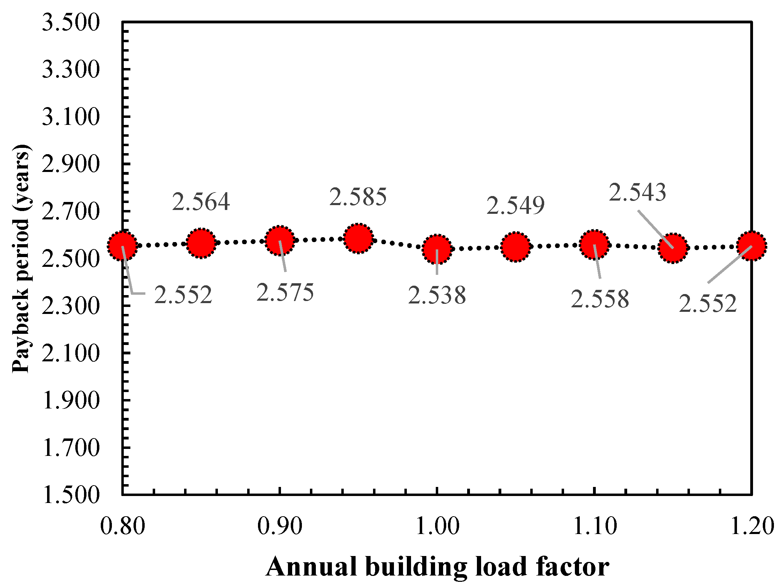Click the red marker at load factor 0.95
tap(358, 238)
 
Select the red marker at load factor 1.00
tap(437, 249)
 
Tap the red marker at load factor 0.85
tap(201, 243)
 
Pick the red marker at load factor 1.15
tap(673, 248)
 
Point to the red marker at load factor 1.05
tap(516, 247)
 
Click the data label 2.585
tap(358, 197)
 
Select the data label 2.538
tap(437, 296)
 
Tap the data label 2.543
tap(637, 193)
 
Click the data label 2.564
tap(201, 202)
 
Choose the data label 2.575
tap(285, 293)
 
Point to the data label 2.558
tap(600, 299)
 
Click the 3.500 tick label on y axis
tap(71, 23)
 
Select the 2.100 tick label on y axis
tap(71, 353)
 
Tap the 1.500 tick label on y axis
tap(71, 495)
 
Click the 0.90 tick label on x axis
tap(280, 526)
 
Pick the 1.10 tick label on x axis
tap(595, 526)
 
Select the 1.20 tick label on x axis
tap(752, 526)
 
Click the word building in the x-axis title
tap(416, 568)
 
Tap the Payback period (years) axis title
tap(21, 258)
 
